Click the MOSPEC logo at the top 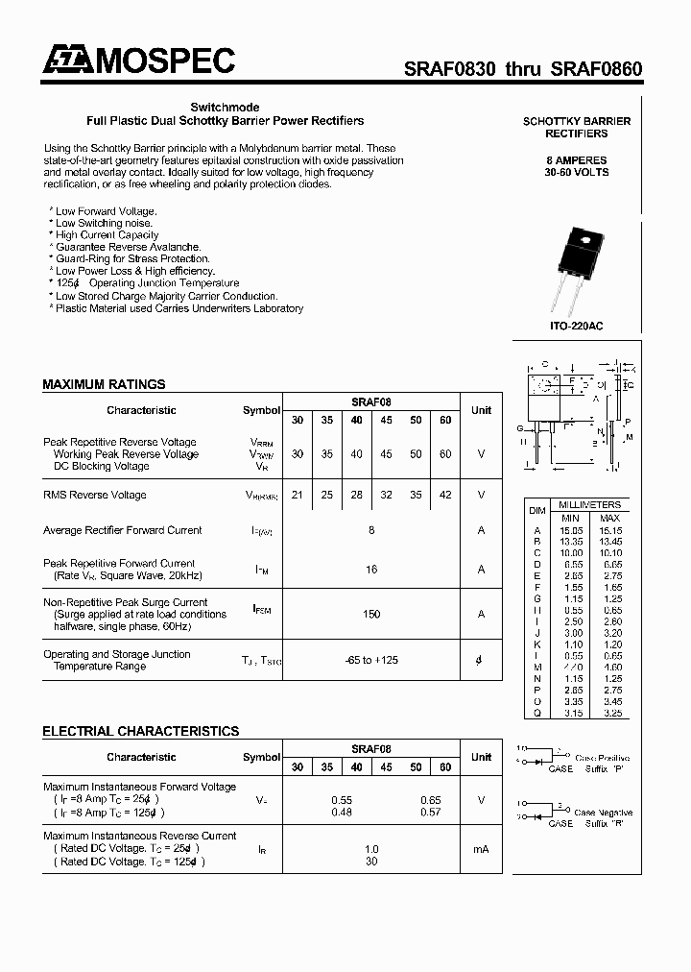coord(138,61)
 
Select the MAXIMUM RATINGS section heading coord(104,384)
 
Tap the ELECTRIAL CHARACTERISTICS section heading coord(140,731)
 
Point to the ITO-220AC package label coord(577,327)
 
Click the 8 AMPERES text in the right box coord(577,159)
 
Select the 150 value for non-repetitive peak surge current coord(371,614)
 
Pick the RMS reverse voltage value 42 coord(444,495)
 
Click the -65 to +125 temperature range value coord(371,660)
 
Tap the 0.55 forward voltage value coord(342,800)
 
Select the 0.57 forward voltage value coord(430,813)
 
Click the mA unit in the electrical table coord(481,849)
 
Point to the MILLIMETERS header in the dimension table coord(588,505)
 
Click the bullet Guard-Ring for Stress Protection coord(131,258)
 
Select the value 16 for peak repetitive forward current coord(371,570)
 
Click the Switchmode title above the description coord(225,108)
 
